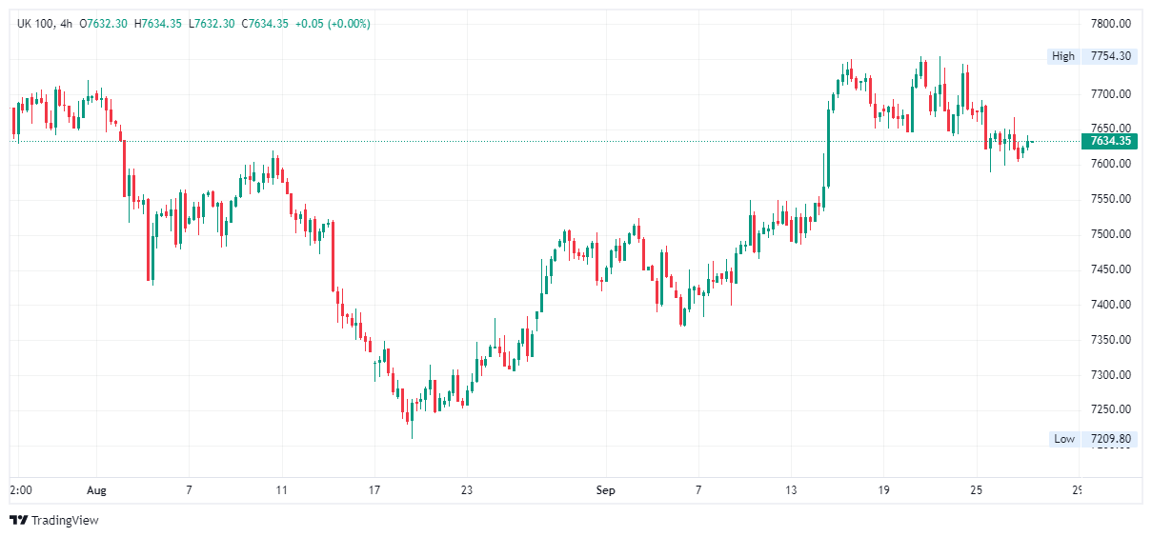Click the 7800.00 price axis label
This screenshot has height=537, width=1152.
1110,23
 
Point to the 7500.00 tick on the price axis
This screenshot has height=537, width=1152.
1110,234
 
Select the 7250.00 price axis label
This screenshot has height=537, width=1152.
1110,409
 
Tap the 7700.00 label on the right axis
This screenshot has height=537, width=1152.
1110,93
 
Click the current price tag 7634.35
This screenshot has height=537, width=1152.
1110,141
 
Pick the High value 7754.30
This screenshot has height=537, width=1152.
1110,56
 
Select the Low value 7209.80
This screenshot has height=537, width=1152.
1110,439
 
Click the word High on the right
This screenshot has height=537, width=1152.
1063,56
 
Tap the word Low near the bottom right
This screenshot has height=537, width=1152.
1063,439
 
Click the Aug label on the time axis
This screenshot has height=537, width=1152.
97,490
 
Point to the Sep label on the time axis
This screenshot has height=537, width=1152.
606,490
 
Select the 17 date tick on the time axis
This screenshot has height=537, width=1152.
374,490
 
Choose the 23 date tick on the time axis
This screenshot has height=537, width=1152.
467,490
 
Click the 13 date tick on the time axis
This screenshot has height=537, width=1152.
791,490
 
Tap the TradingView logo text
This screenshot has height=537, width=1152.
64,520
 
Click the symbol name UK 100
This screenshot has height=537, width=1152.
35,23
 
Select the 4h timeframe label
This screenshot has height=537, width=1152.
66,23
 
